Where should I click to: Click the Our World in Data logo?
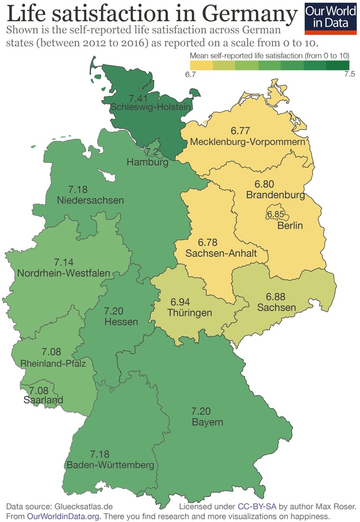330,18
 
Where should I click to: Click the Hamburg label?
147,163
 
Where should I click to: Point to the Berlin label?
290,226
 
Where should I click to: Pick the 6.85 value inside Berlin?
275,215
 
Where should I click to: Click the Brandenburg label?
275,195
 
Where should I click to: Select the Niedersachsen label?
90,200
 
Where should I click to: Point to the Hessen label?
121,322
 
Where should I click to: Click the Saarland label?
43,400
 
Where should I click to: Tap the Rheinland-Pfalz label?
53,363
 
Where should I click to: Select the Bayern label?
207,422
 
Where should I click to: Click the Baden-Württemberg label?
110,465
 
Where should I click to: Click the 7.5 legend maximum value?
350,74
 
